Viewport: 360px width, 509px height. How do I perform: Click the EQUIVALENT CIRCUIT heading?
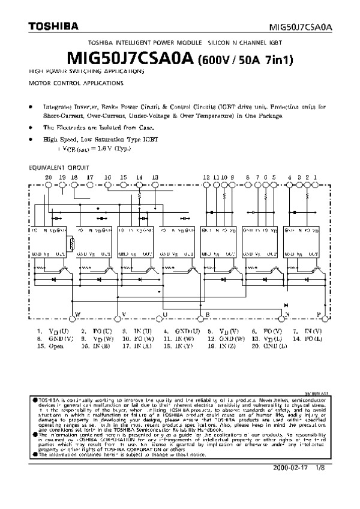coord(59,167)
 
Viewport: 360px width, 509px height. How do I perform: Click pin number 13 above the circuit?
coord(155,177)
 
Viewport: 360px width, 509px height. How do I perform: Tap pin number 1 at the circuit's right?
coord(315,177)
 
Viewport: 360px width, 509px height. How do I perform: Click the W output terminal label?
coord(77,315)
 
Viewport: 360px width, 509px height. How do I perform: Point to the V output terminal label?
coord(124,315)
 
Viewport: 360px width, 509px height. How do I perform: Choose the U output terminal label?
coord(165,315)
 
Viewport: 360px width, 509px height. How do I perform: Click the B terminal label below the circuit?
coord(208,315)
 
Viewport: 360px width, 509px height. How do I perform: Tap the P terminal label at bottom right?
coord(319,315)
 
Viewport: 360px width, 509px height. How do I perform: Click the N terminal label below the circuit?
coord(287,315)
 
